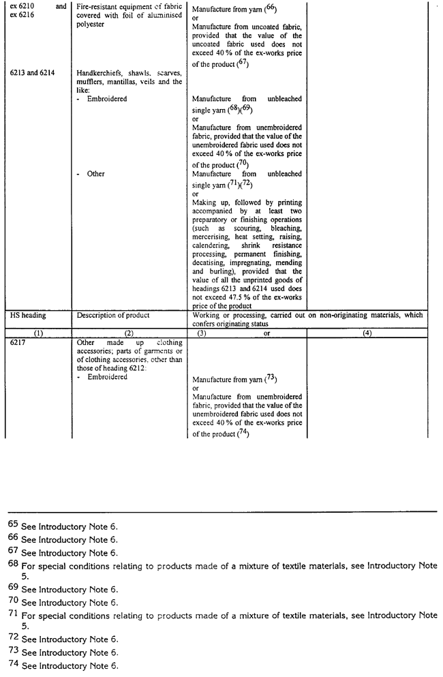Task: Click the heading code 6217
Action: [17, 343]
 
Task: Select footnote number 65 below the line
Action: [13, 526]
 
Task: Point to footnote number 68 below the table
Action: [13, 565]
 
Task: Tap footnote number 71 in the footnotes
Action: [13, 615]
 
